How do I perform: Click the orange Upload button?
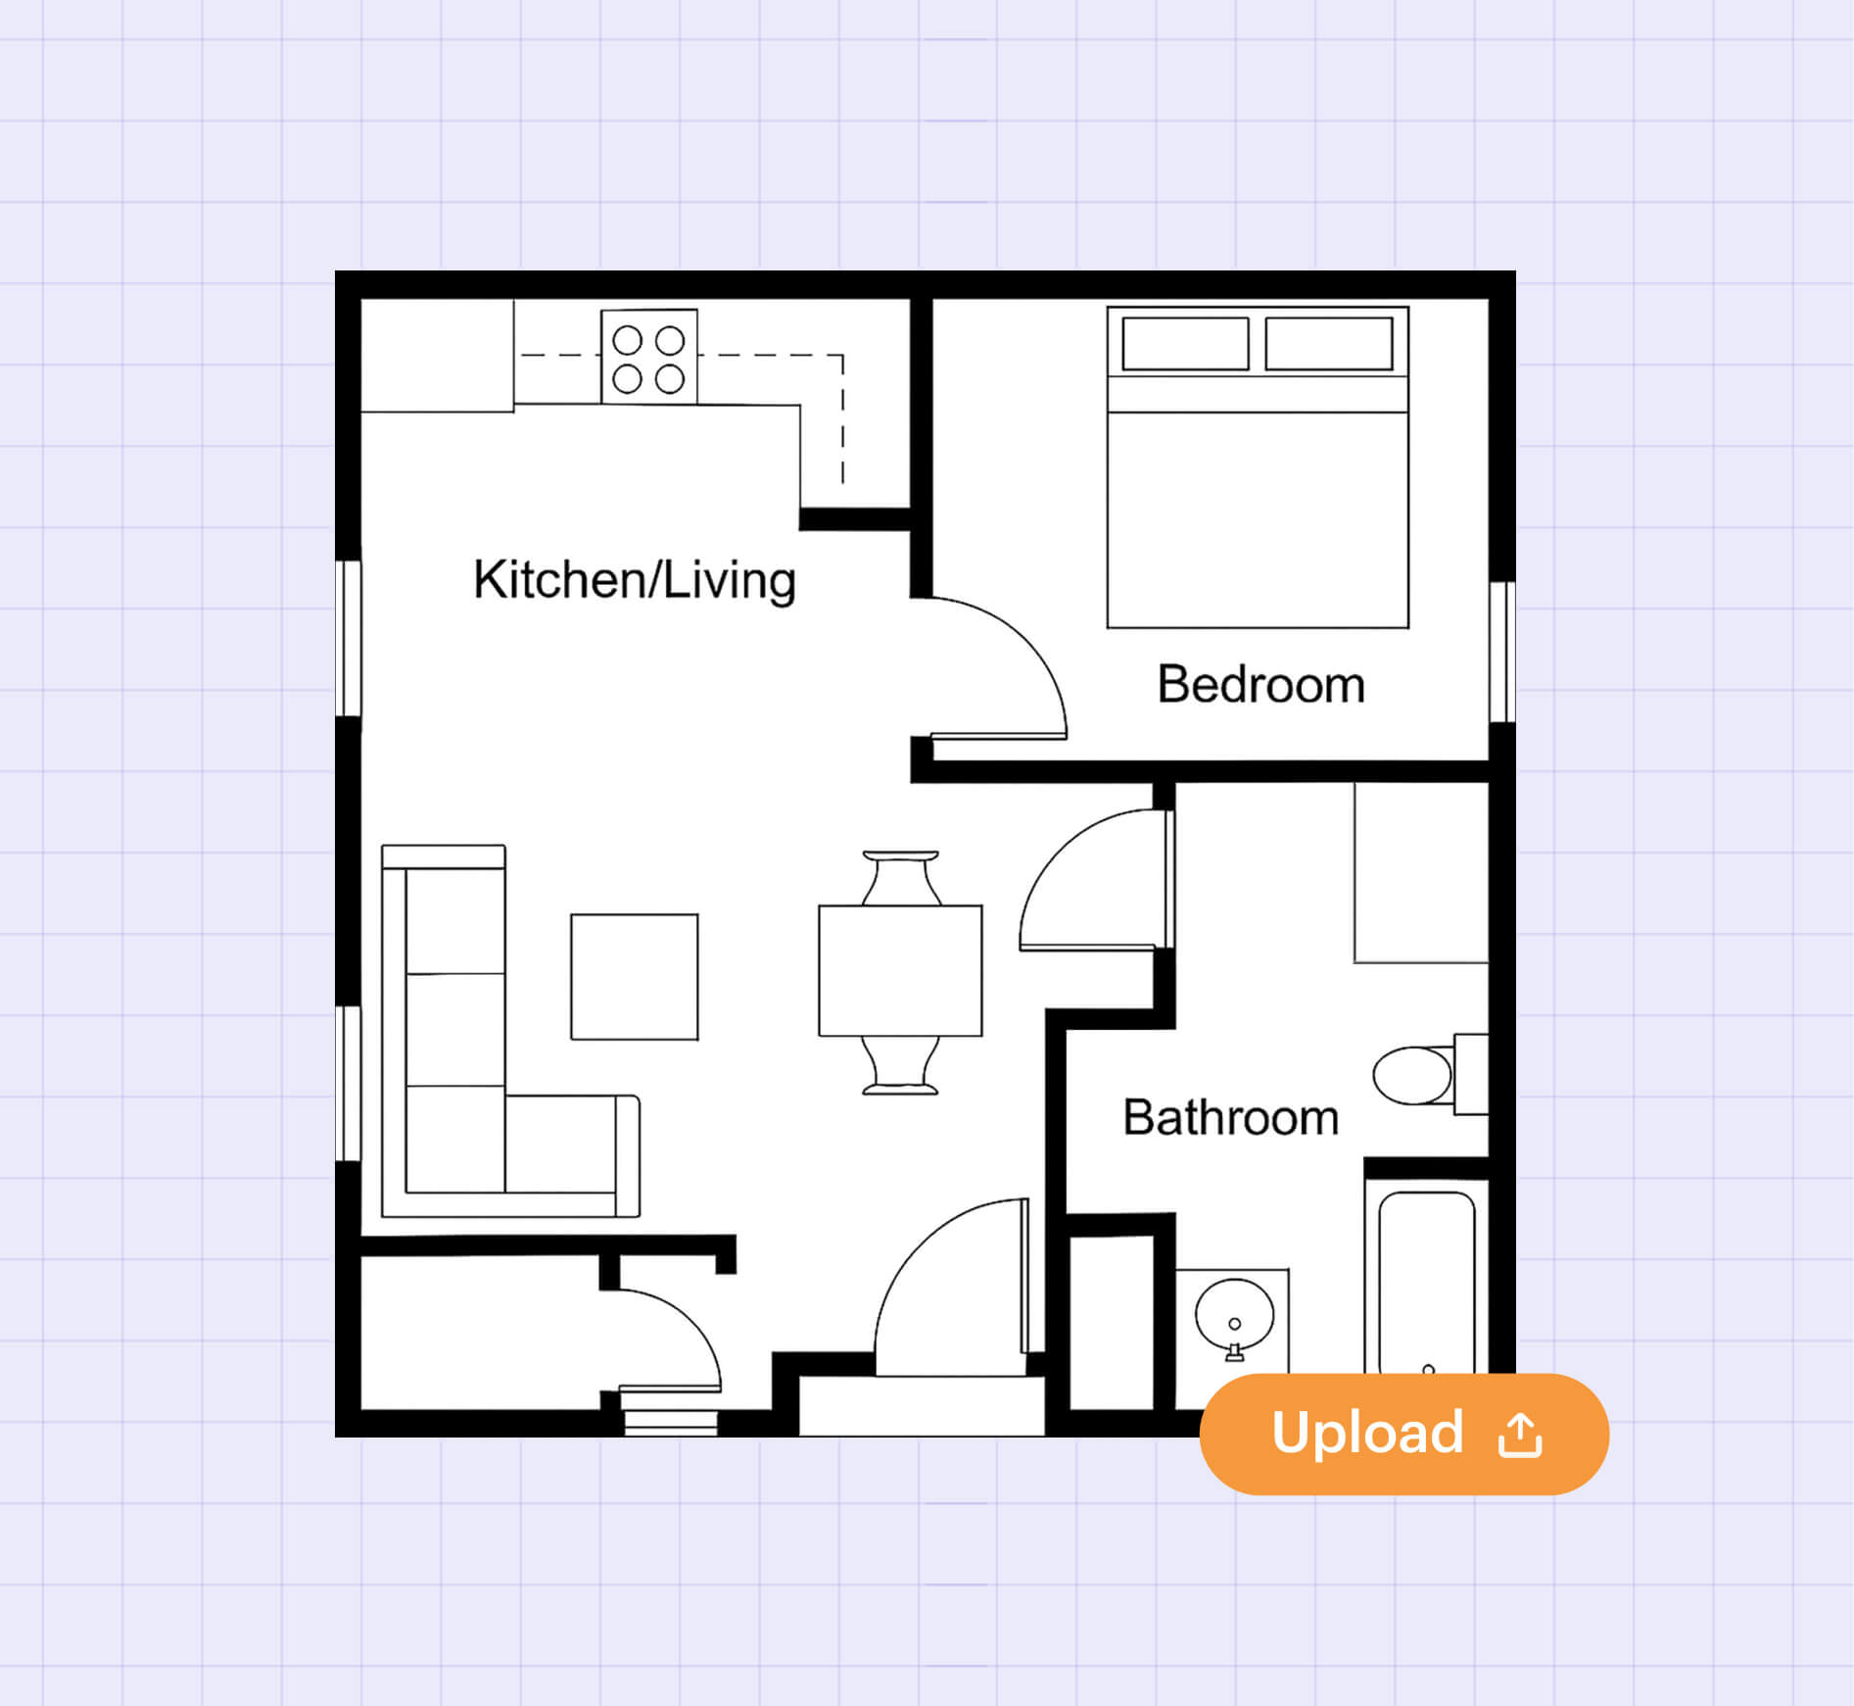click(x=1403, y=1434)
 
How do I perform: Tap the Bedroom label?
click(x=1261, y=684)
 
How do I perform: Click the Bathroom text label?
click(x=1231, y=1118)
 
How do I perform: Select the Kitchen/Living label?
click(x=635, y=580)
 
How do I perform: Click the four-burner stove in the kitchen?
click(x=649, y=357)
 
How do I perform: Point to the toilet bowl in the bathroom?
click(x=1413, y=1075)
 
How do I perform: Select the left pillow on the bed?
click(x=1185, y=343)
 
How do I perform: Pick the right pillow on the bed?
click(x=1329, y=343)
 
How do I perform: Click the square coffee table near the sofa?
click(x=635, y=977)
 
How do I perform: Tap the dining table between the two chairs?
click(x=900, y=970)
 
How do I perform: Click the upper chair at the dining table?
click(x=901, y=878)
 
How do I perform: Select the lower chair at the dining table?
click(x=900, y=1064)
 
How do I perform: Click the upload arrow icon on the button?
click(x=1520, y=1435)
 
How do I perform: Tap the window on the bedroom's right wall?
click(x=1502, y=652)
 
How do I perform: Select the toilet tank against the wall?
click(x=1471, y=1074)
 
